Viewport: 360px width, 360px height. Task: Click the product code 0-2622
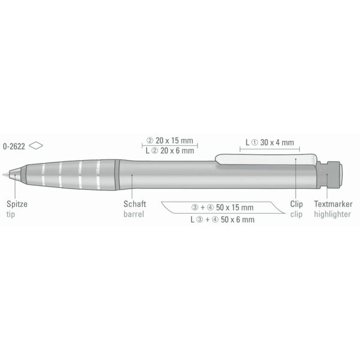pyautogui.click(x=14, y=146)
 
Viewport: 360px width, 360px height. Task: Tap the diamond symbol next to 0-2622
pyautogui.click(x=36, y=145)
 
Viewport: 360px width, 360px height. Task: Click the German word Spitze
pyautogui.click(x=17, y=204)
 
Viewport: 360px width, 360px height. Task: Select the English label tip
pyautogui.click(x=11, y=214)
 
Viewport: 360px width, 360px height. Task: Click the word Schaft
pyautogui.click(x=135, y=204)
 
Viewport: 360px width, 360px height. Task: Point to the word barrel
pyautogui.click(x=134, y=214)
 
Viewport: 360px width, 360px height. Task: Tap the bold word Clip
pyautogui.click(x=296, y=204)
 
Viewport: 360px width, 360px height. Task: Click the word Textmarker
pyautogui.click(x=333, y=204)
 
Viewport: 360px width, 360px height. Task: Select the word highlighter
pyautogui.click(x=332, y=214)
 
